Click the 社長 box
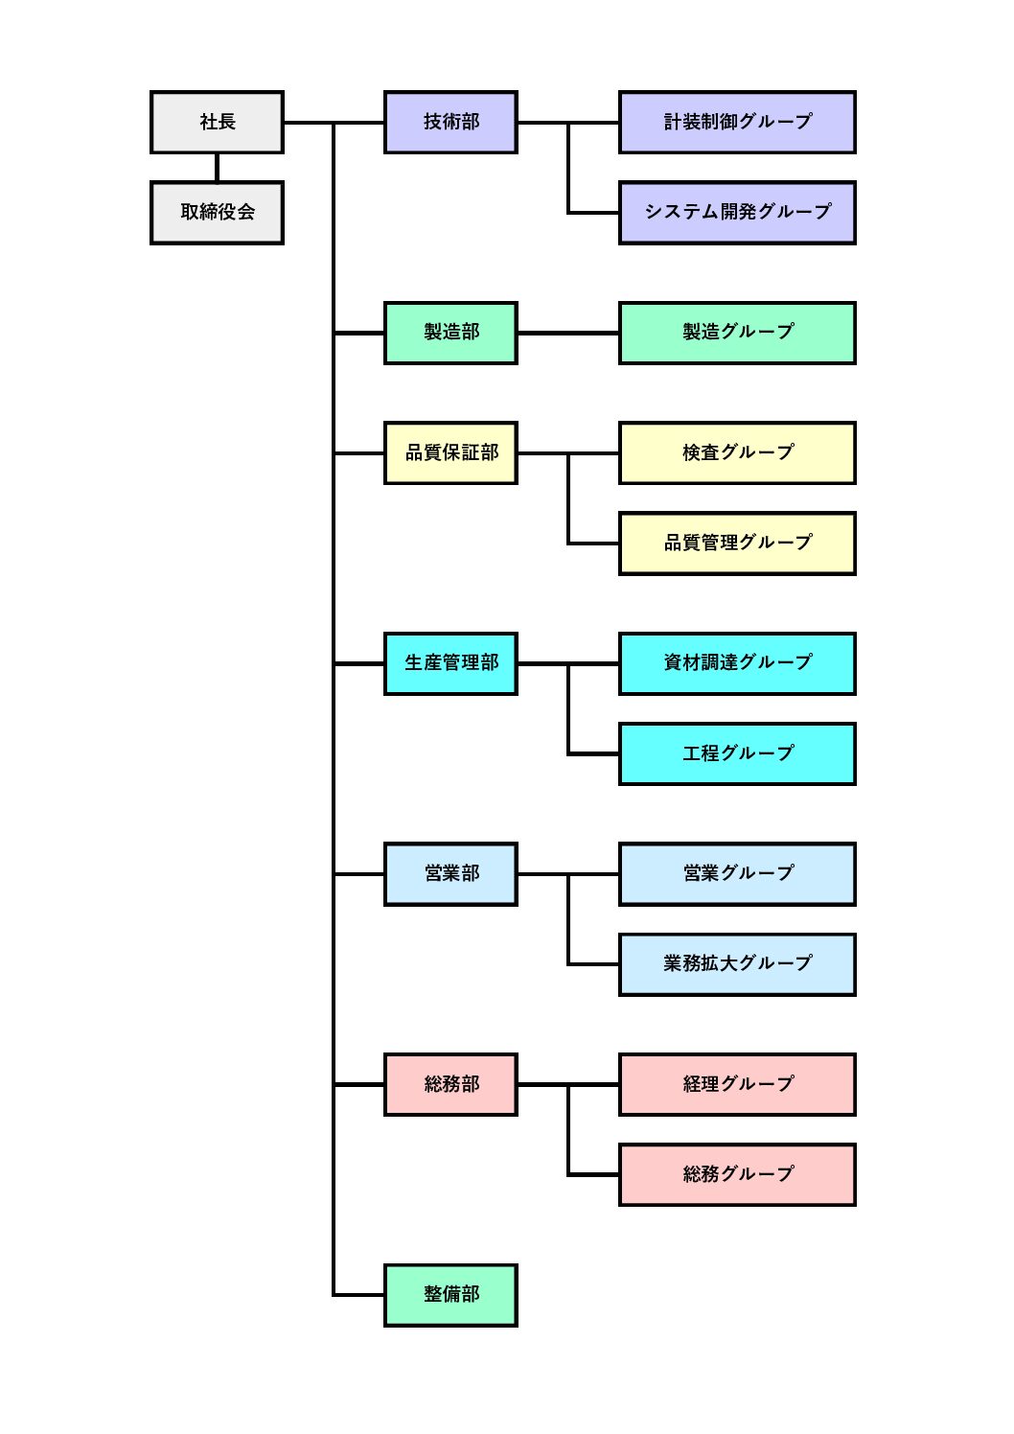(x=217, y=122)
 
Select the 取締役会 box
(x=217, y=212)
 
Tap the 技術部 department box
(x=450, y=122)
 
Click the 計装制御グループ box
(x=736, y=122)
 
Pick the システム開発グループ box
(x=736, y=212)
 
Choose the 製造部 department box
(x=450, y=333)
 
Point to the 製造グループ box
(x=736, y=333)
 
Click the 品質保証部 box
(x=450, y=452)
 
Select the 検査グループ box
(x=736, y=452)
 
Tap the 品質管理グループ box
(x=736, y=543)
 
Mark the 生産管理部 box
(x=450, y=663)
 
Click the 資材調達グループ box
(x=736, y=663)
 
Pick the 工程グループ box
(x=736, y=753)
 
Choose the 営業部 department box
(x=450, y=873)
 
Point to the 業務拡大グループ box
(x=736, y=963)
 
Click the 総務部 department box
(x=450, y=1084)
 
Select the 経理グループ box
(x=736, y=1084)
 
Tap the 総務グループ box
(x=736, y=1174)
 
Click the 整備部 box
(x=450, y=1295)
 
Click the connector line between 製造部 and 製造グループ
(x=567, y=333)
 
